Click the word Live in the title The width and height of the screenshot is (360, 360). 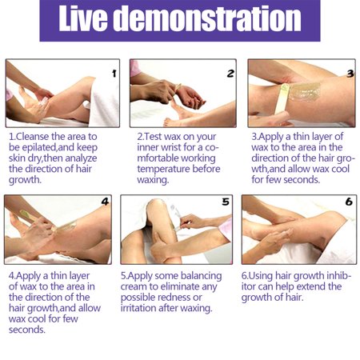pos(83,18)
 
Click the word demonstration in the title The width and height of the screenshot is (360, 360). pos(207,18)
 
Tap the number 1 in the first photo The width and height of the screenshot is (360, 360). pos(114,74)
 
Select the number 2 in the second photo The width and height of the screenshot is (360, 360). pos(230,74)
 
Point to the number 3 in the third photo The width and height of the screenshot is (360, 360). pos(350,74)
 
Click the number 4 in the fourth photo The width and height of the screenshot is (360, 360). pos(105,202)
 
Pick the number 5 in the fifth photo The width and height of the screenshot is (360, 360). pos(226,202)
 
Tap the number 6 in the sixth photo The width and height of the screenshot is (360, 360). pos(349,202)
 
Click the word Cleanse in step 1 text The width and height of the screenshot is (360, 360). pos(33,137)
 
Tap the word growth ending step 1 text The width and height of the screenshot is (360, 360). pos(25,180)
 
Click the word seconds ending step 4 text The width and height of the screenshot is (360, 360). pos(27,330)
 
